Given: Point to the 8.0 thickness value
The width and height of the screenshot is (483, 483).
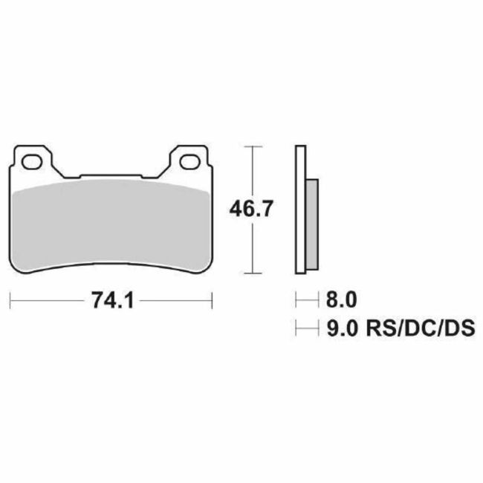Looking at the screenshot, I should (x=342, y=300).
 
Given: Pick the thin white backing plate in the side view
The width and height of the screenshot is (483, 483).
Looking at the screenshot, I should (x=300, y=208).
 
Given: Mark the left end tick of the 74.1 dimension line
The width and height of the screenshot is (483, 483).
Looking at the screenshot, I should (x=10, y=300).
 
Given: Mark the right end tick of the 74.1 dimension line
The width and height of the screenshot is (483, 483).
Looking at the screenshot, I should (x=213, y=300).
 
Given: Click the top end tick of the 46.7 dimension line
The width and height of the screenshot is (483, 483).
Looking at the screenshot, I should (x=254, y=146).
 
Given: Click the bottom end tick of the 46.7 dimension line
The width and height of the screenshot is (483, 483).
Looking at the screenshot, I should (x=254, y=274).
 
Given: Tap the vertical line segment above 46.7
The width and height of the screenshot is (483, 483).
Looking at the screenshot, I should (x=254, y=171).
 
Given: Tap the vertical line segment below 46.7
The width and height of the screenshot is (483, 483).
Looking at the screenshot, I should (x=254, y=249).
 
